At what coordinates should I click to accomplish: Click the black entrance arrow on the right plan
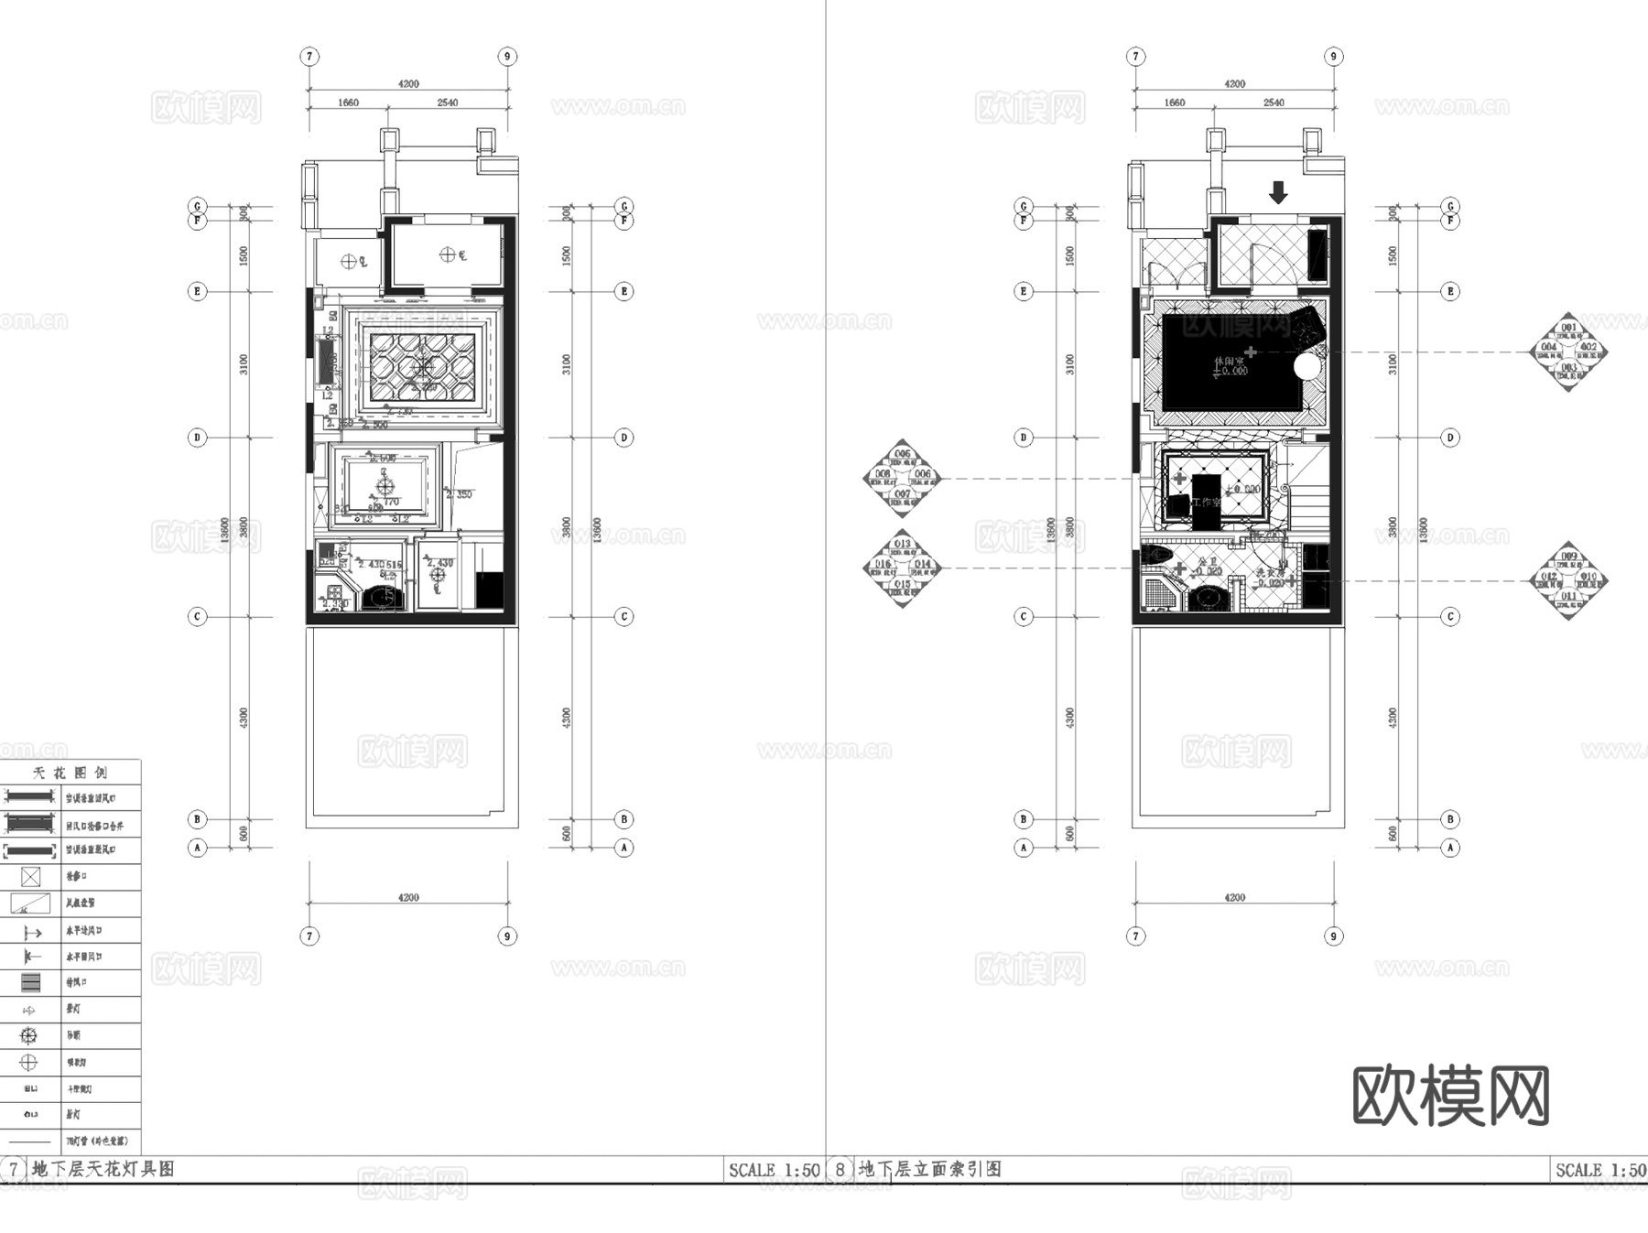[x=1278, y=192]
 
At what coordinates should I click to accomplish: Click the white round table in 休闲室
[x=1306, y=367]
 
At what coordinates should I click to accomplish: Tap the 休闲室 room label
[x=1229, y=362]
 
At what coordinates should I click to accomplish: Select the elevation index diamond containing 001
[x=1568, y=352]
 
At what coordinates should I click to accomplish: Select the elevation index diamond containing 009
[x=1568, y=580]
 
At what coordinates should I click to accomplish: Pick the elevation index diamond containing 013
[x=903, y=568]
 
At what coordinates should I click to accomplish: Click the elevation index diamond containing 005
[x=903, y=478]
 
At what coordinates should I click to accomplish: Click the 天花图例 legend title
[x=70, y=773]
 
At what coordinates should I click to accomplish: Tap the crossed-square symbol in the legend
[x=30, y=877]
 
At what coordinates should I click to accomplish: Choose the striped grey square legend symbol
[x=30, y=983]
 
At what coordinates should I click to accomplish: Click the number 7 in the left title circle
[x=14, y=1169]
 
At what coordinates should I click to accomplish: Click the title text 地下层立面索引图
[x=929, y=1169]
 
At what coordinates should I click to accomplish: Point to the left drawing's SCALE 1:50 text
[x=774, y=1170]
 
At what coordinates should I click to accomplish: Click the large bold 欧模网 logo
[x=1450, y=1096]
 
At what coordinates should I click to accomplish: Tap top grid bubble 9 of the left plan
[x=507, y=57]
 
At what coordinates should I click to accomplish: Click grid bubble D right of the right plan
[x=1449, y=438]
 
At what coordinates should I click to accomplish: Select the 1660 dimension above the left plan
[x=348, y=103]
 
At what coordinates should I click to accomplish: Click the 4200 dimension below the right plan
[x=1234, y=897]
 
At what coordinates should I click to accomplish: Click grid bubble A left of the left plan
[x=197, y=848]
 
